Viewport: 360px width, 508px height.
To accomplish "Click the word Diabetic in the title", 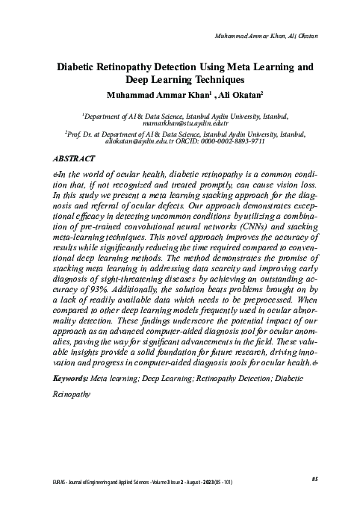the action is coord(81,66).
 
